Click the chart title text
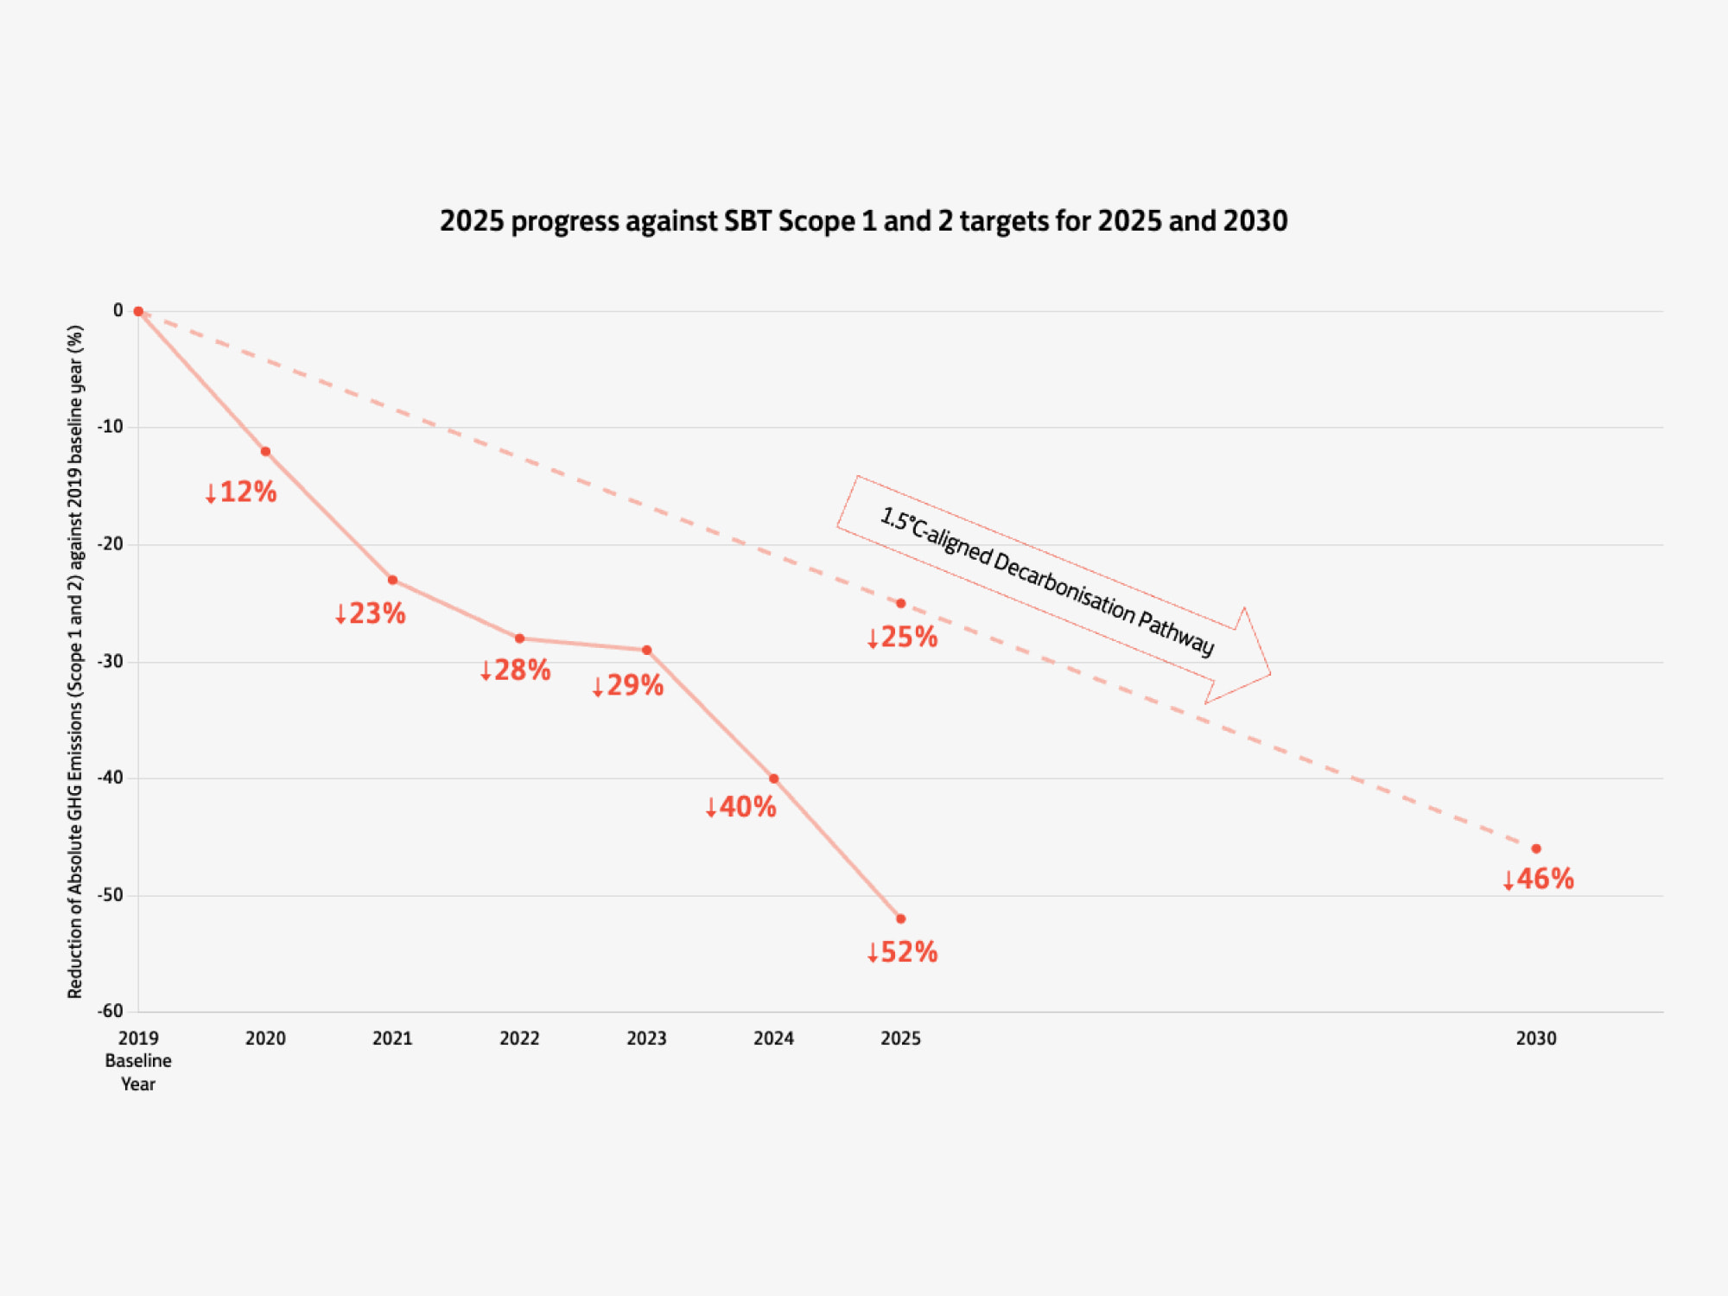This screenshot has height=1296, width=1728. [x=863, y=221]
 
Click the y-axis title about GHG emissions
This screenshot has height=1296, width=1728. [x=76, y=661]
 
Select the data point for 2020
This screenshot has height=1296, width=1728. [x=265, y=452]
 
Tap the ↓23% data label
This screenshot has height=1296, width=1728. [x=371, y=613]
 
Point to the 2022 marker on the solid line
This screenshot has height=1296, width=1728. [x=519, y=638]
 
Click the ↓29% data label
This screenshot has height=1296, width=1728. [x=628, y=685]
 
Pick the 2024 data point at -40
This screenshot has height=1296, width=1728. [x=773, y=778]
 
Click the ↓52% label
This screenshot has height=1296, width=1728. [x=902, y=952]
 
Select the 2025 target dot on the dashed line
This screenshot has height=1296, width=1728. [x=900, y=603]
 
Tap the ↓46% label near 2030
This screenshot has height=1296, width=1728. [x=1538, y=879]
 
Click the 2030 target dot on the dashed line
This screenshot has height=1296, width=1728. [x=1535, y=848]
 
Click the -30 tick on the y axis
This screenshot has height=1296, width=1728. [x=111, y=661]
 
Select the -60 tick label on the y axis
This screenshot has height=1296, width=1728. [x=111, y=1011]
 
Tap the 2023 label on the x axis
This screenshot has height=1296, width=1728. [x=646, y=1039]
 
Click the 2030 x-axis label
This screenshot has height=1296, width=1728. [x=1535, y=1039]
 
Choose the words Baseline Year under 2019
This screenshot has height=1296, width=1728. [x=138, y=1072]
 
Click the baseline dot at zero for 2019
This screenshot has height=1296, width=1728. [x=138, y=311]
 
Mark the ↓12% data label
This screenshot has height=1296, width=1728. [x=241, y=492]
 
